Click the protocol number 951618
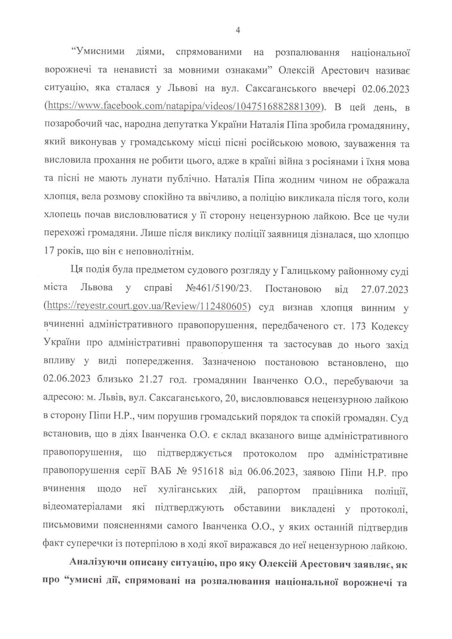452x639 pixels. point(208,473)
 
